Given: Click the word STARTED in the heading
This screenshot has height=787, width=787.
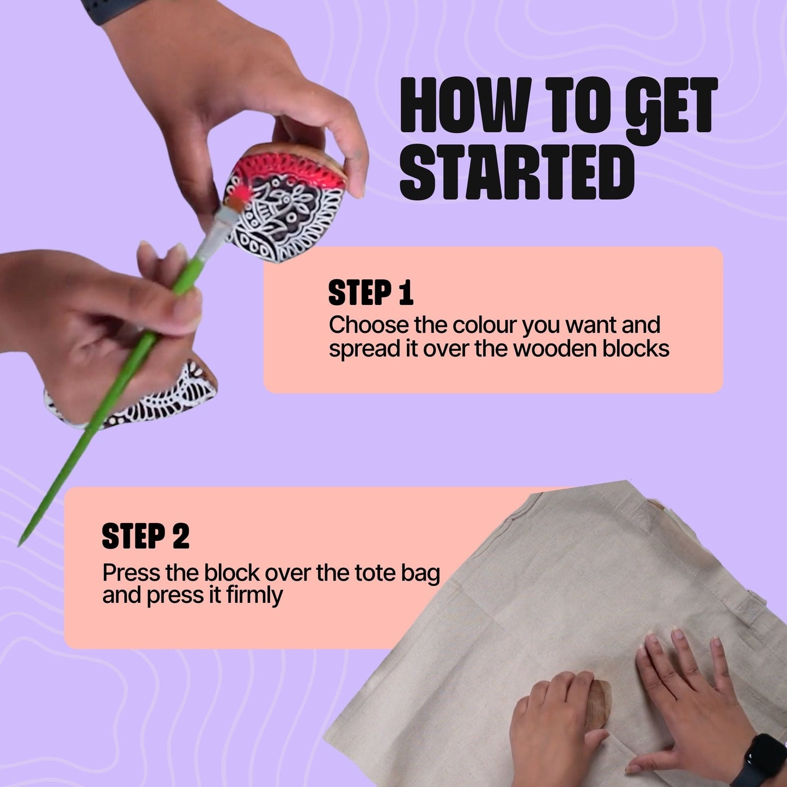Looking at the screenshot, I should pos(517,174).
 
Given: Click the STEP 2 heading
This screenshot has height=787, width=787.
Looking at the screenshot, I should pos(145,536).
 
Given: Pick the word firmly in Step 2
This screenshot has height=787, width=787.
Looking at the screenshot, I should pos(254,595).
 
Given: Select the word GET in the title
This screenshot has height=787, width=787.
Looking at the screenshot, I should pos(669,107).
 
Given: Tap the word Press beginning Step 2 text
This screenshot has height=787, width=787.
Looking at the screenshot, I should pos(131,573).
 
